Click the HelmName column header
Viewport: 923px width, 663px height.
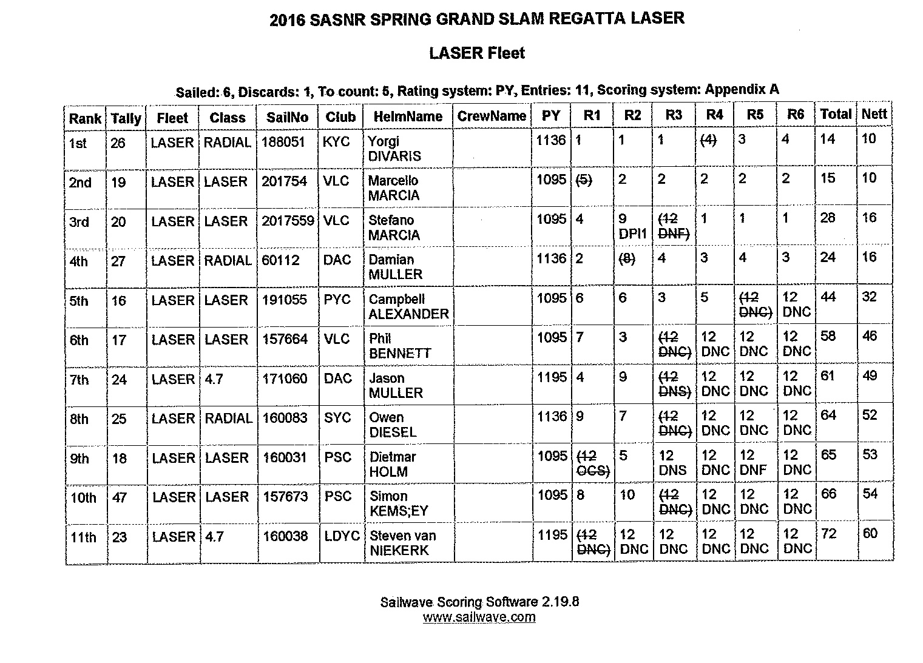[x=408, y=116]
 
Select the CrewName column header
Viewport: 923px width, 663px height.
[x=492, y=116]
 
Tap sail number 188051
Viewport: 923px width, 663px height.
[x=283, y=142]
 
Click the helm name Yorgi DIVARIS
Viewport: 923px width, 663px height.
[x=394, y=149]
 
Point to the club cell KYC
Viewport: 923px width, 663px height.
[x=336, y=142]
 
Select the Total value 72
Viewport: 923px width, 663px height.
[x=828, y=534]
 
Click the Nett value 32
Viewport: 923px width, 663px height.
[x=870, y=297]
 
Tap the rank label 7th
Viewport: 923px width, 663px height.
[x=79, y=380]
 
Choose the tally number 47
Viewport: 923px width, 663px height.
[x=119, y=498]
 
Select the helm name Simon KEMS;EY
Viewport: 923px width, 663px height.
[x=399, y=503]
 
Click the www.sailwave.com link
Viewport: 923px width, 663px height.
[x=479, y=618]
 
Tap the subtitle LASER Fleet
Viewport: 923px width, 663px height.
[x=477, y=53]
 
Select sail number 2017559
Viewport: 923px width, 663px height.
[x=288, y=221]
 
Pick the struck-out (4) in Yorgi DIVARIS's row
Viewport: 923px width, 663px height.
[x=708, y=140]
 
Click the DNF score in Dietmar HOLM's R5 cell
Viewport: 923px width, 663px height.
[x=754, y=469]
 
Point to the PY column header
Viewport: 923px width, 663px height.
[x=551, y=115]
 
